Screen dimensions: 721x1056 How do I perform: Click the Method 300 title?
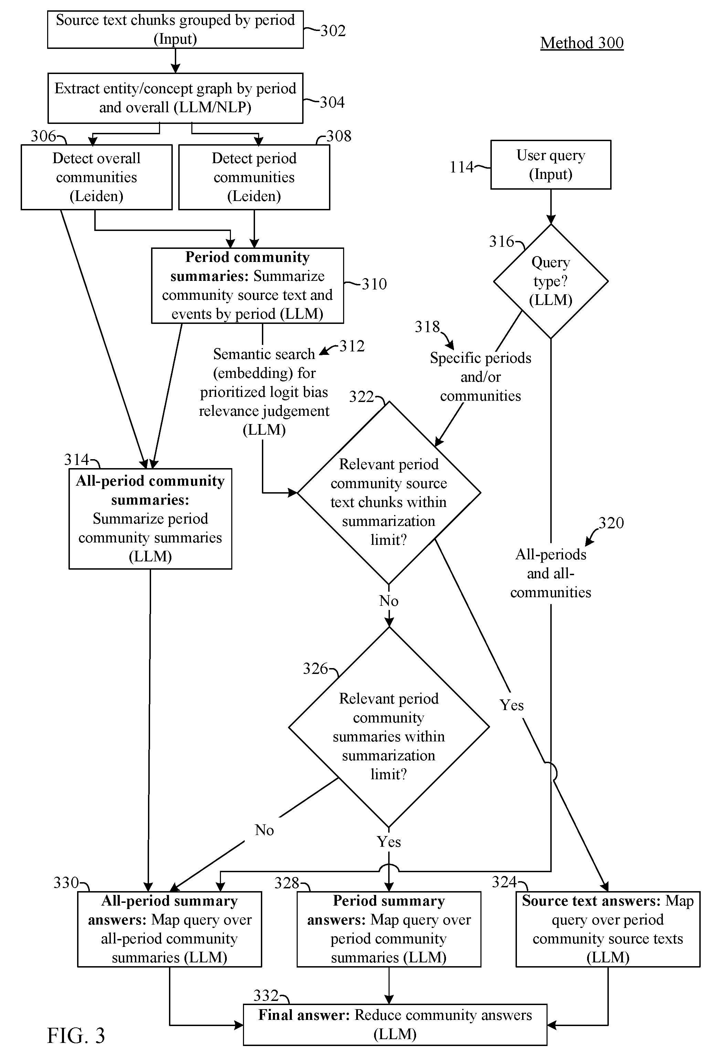582,43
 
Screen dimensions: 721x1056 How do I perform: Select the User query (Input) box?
551,165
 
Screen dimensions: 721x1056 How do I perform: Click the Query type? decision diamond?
551,281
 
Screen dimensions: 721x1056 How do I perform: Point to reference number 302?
333,31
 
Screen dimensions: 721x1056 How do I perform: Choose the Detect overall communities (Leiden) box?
97,177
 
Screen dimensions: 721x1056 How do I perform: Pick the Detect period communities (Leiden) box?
254,177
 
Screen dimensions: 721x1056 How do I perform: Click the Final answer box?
395,1025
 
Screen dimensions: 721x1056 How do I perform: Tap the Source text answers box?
608,929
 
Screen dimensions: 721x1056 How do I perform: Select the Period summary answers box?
389,929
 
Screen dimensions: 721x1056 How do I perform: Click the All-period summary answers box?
169,929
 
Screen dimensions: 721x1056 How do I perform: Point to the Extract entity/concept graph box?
176,98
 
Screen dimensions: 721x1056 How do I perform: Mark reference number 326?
315,668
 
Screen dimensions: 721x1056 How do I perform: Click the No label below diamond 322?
389,601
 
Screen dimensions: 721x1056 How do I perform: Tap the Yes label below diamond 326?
389,842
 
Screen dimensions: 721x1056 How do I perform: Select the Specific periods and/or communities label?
481,377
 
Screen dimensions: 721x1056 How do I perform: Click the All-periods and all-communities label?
551,573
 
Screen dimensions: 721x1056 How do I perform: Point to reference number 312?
352,346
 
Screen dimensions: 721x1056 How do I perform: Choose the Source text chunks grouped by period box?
176,30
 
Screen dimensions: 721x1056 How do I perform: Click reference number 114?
462,167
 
